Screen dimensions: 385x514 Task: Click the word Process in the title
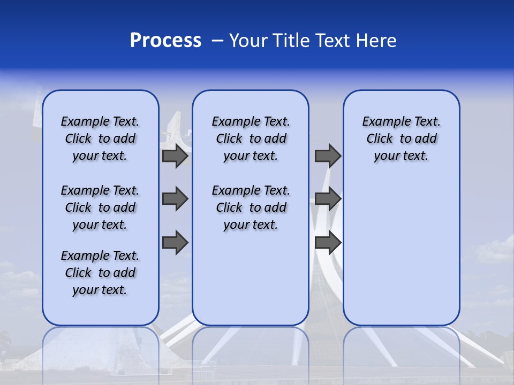pos(165,41)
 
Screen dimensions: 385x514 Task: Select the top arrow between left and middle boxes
pos(175,156)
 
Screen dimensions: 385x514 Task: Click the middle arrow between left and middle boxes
pos(175,199)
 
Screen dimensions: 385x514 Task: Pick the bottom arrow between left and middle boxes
pos(175,243)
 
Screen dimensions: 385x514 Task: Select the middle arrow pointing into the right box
pos(328,199)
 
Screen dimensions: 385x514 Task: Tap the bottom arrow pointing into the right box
pos(328,243)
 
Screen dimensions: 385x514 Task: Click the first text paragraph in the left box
pos(100,138)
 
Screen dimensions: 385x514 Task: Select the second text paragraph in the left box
pos(100,207)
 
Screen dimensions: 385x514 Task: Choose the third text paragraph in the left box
pos(100,273)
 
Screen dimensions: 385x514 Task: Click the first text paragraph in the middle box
pos(251,138)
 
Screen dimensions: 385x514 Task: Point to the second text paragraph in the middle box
pos(251,207)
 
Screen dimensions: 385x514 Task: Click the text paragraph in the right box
pos(401,138)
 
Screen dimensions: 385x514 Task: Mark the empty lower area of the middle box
pos(251,278)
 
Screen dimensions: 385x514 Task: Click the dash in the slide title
pos(217,41)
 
